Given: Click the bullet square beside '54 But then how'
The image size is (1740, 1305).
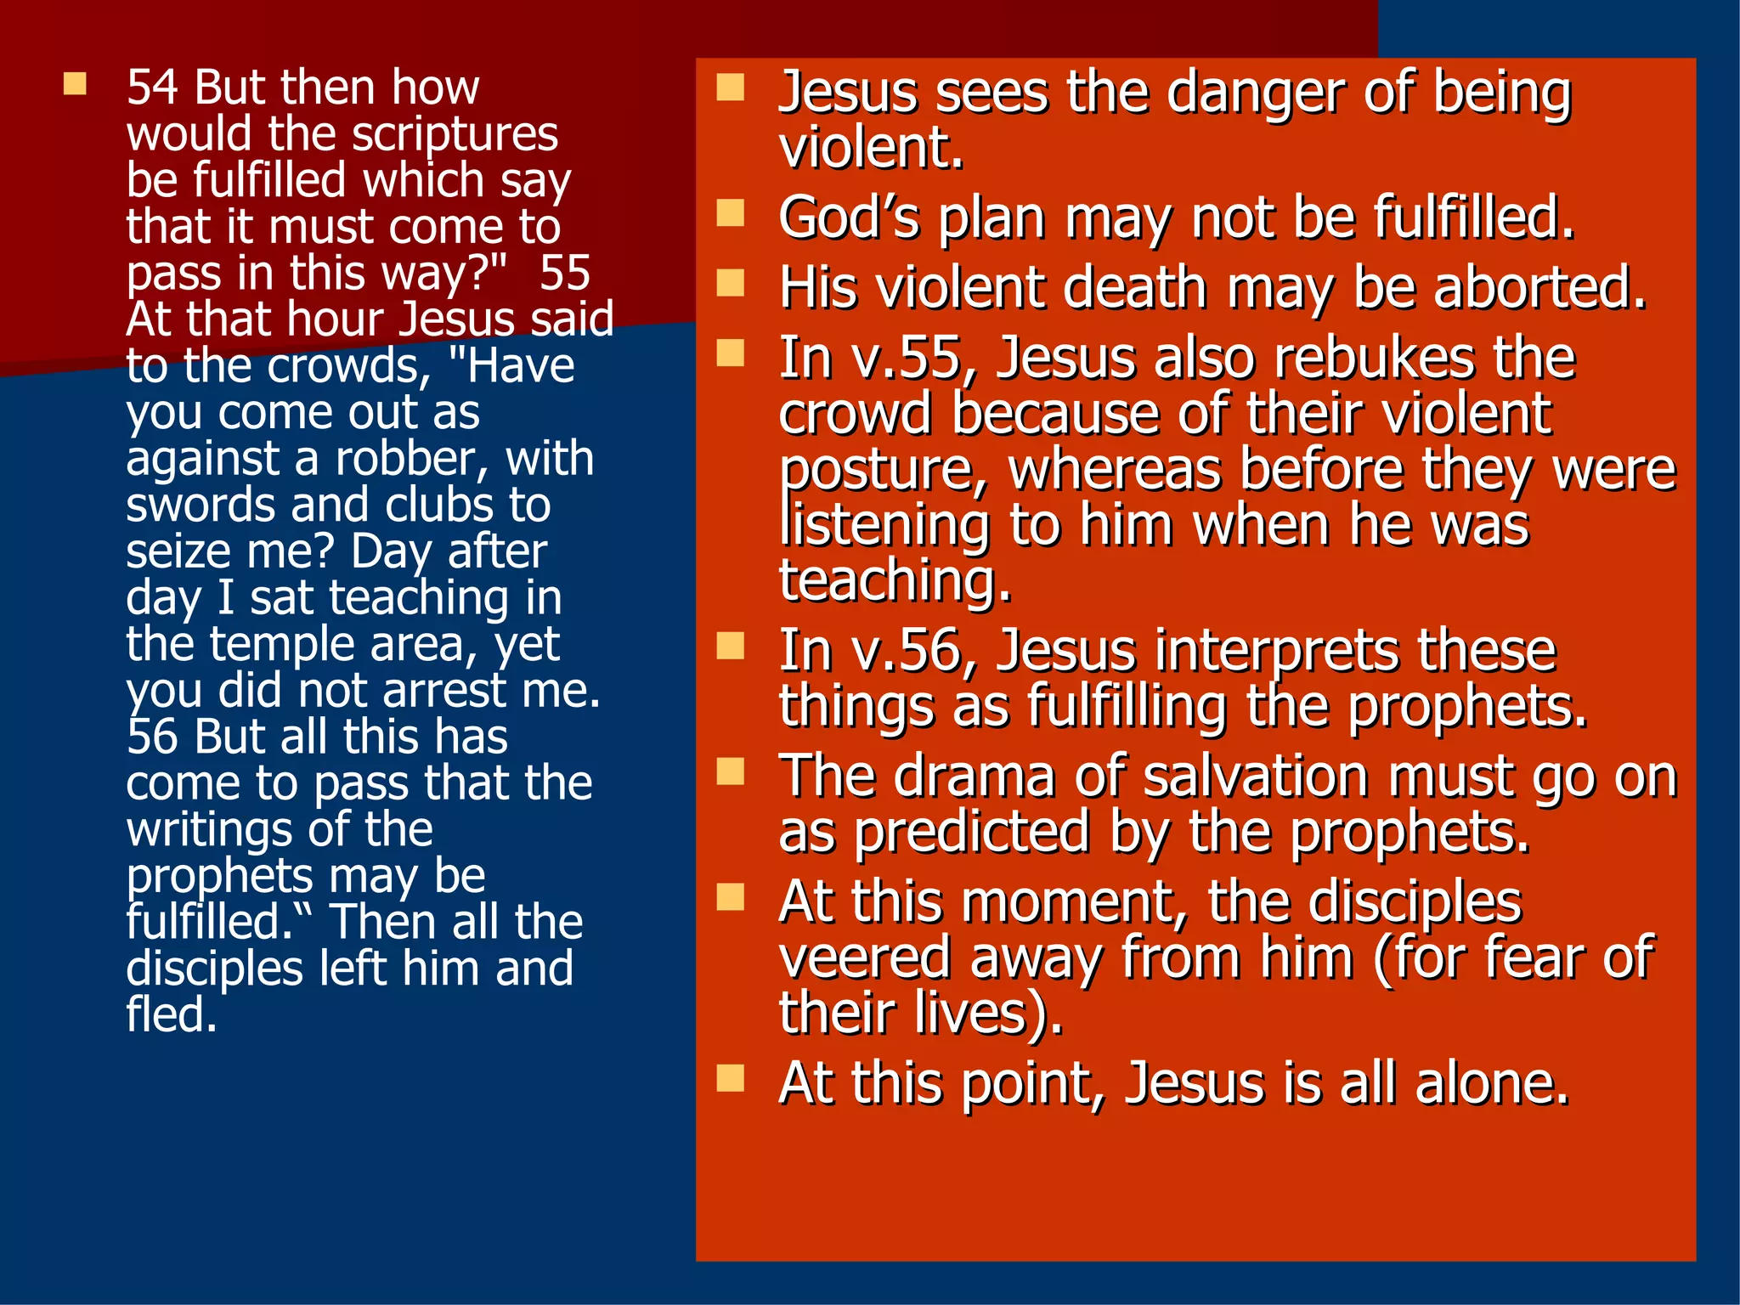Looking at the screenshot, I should coord(75,83).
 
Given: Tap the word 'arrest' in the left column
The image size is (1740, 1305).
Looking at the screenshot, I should coord(444,691).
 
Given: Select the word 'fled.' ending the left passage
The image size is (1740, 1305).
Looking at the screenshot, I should coord(172,1015).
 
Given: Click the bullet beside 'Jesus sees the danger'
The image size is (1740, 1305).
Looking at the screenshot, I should coord(730,88).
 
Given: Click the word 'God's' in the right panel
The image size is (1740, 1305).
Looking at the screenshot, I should coord(849,218).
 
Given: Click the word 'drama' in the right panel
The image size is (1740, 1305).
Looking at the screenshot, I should coord(975,777).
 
